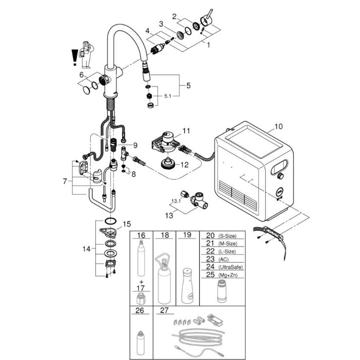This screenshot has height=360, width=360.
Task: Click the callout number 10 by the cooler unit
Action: point(278,126)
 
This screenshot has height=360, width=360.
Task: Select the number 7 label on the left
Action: point(65,181)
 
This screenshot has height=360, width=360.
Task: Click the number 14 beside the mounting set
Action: point(86,248)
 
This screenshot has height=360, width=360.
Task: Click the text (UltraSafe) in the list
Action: point(232,267)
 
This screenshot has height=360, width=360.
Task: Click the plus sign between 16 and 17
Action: point(141,283)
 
